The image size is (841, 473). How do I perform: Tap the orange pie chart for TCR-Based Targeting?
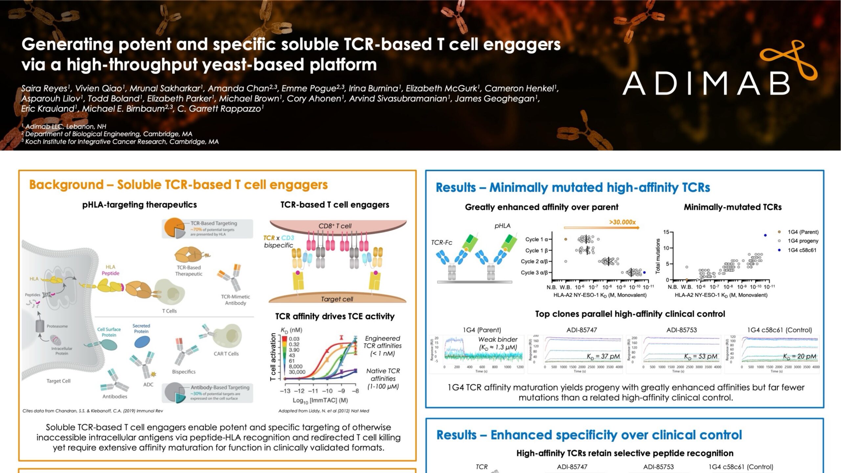pos(174,229)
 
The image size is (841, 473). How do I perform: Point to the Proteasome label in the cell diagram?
pos(57,326)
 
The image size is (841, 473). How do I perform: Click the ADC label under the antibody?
pos(148,384)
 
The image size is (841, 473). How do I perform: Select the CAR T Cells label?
pos(226,354)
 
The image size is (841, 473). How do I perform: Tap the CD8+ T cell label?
pos(335,226)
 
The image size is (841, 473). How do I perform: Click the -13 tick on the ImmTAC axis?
pos(285,391)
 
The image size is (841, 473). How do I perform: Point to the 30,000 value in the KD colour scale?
pos(297,372)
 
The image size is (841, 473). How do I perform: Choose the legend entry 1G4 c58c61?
pos(802,250)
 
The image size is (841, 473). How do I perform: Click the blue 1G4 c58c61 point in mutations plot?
pos(765,235)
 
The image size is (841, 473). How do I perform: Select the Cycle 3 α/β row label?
pos(534,272)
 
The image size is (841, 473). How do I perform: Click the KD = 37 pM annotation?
pos(603,356)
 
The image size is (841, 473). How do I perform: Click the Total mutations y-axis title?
pos(658,256)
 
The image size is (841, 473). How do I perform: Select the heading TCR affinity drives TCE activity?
pos(335,316)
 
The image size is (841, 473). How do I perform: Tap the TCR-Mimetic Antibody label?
pos(235,300)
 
